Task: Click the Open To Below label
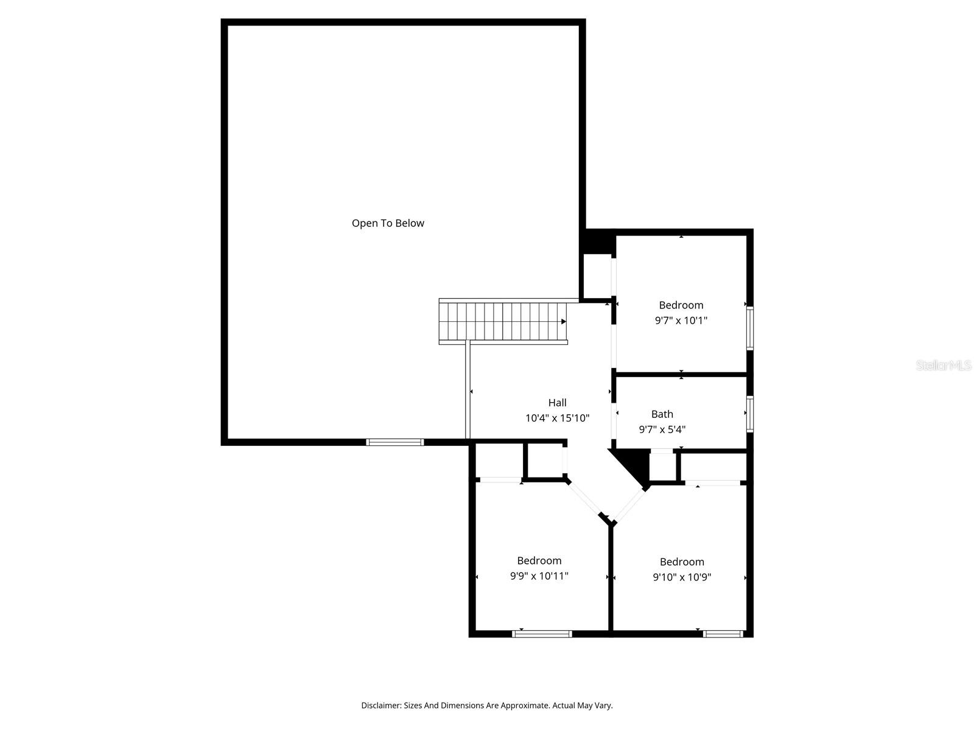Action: [x=388, y=223]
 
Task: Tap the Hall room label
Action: [x=557, y=403]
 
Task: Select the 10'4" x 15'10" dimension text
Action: [x=557, y=419]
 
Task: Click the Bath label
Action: [x=662, y=414]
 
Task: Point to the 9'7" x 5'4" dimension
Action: [x=662, y=429]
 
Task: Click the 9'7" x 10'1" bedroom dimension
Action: [x=681, y=321]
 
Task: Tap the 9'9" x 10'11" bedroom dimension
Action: [x=539, y=576]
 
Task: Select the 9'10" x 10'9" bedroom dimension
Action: [x=682, y=577]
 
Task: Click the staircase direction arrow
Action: [x=564, y=321]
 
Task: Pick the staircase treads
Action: [x=499, y=321]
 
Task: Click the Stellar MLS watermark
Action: [x=944, y=366]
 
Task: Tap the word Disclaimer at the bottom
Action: [x=380, y=706]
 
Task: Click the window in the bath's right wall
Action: [x=750, y=414]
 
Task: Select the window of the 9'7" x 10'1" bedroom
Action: [x=750, y=328]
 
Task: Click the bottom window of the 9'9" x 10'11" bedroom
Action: [x=542, y=634]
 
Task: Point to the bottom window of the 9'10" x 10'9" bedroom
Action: [x=723, y=634]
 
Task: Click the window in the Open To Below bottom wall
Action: [x=394, y=442]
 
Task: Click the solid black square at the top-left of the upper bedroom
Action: [x=597, y=242]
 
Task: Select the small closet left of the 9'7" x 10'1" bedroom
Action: [x=597, y=276]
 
